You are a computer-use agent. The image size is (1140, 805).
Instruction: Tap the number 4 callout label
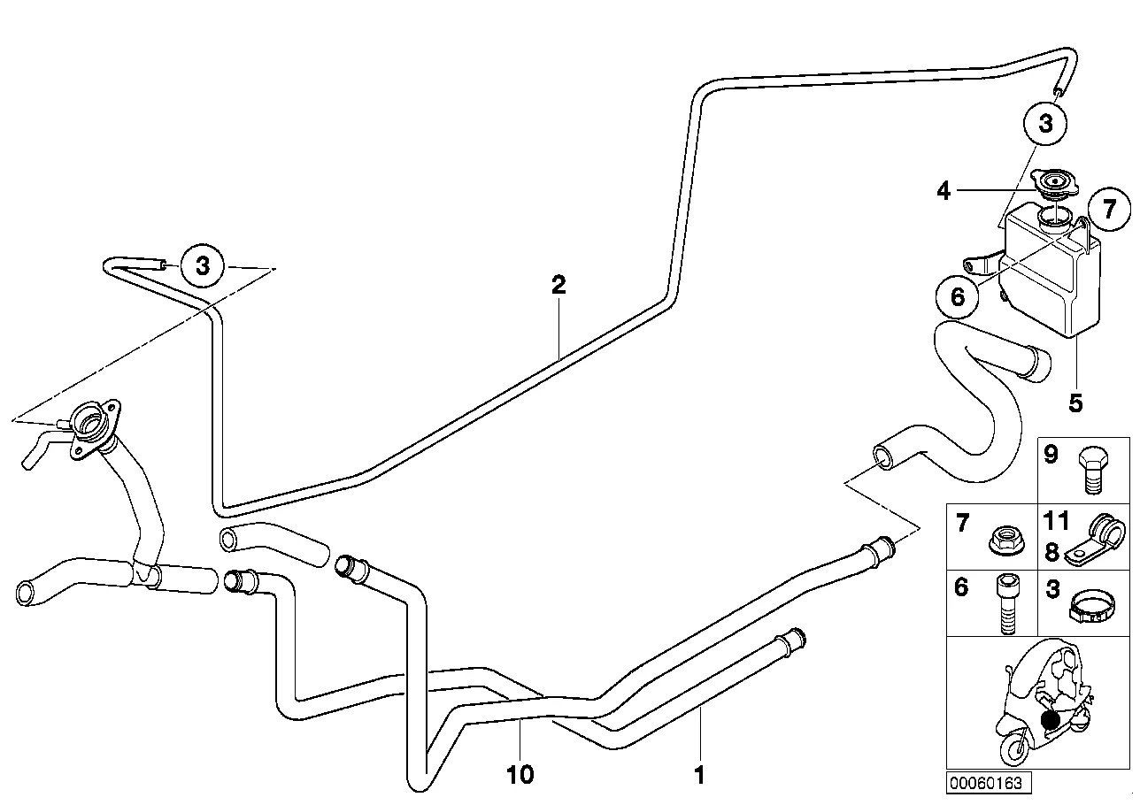click(944, 192)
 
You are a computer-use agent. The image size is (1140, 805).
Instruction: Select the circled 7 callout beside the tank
click(1110, 209)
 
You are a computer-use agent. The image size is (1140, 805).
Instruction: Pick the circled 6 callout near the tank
click(958, 296)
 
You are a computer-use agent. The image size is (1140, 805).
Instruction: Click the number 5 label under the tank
click(1075, 402)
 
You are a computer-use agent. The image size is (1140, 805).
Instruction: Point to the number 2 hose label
click(558, 285)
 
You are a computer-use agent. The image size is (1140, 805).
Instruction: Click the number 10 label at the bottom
click(520, 775)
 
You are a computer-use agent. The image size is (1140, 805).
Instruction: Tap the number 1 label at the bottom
click(700, 776)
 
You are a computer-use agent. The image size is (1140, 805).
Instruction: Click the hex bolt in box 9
click(1093, 470)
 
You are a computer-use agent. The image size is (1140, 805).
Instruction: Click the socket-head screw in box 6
click(1007, 604)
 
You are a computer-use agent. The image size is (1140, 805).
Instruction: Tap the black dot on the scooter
click(1050, 720)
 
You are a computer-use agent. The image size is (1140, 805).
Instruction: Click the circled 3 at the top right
click(1045, 123)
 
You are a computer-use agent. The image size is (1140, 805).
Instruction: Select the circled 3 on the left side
click(203, 265)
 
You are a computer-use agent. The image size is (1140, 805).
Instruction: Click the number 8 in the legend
click(1052, 552)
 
